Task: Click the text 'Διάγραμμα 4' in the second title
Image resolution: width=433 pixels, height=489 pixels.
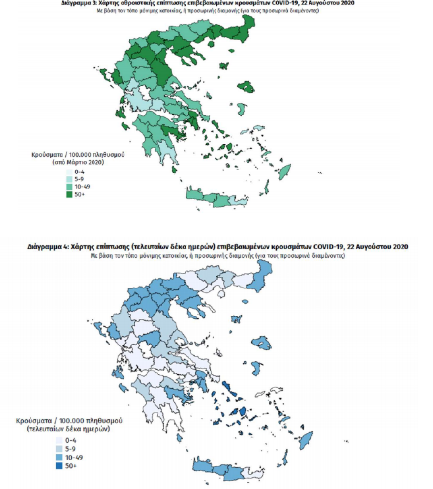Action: point(47,247)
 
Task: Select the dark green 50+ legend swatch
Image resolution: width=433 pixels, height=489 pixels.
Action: point(69,195)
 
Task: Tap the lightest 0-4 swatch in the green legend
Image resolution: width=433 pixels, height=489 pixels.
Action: point(69,172)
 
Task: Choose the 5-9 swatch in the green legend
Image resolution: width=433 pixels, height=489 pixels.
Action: point(69,179)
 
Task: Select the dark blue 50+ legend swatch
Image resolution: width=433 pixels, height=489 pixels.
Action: point(59,465)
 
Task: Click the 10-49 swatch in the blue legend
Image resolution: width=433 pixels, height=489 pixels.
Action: point(59,457)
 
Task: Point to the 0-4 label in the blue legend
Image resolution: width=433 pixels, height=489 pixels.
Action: point(71,440)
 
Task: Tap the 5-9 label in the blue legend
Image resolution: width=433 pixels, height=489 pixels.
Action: point(71,449)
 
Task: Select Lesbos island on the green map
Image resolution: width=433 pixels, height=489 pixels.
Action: point(245,87)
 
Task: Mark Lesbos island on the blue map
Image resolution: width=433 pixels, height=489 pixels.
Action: point(261,344)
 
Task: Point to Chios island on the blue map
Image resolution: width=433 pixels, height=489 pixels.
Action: point(256,368)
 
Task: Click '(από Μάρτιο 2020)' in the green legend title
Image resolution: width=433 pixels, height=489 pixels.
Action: point(78,162)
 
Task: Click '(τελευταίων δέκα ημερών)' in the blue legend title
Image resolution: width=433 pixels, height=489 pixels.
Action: point(68,429)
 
